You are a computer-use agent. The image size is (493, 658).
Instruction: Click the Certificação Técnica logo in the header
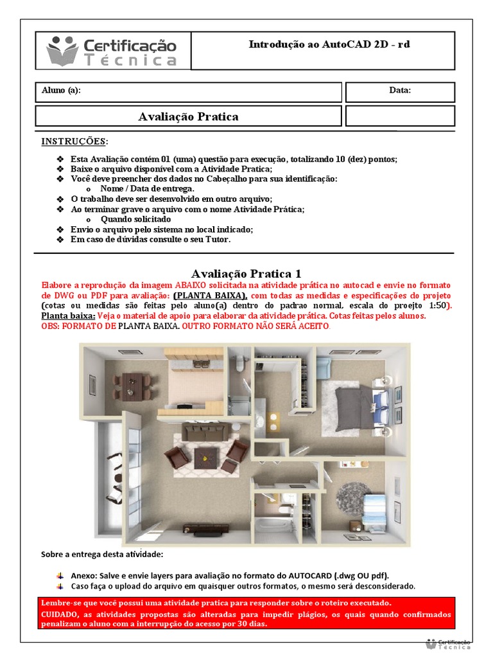click(112, 51)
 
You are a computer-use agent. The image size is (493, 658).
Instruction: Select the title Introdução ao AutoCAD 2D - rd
click(329, 44)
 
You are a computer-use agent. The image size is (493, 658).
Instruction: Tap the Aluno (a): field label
click(61, 91)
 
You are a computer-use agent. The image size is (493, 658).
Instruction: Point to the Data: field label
click(400, 91)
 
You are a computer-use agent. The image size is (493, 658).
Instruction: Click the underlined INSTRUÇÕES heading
click(74, 141)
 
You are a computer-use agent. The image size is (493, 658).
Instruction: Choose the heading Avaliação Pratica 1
click(246, 274)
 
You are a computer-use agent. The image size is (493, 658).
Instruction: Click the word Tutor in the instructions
click(216, 240)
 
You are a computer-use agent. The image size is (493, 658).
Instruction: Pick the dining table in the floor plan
click(133, 384)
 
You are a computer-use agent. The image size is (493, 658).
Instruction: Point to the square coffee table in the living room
click(206, 458)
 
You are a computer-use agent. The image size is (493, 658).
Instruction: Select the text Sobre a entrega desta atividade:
click(102, 554)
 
